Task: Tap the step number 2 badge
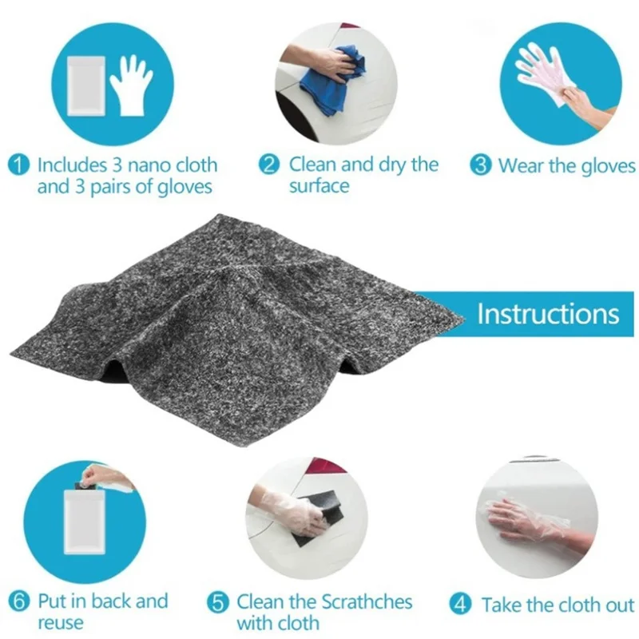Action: click(271, 165)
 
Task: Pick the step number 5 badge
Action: click(218, 602)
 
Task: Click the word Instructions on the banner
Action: click(548, 313)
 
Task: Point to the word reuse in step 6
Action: click(60, 622)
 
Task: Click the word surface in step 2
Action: click(319, 186)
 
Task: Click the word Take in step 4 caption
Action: click(502, 604)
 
